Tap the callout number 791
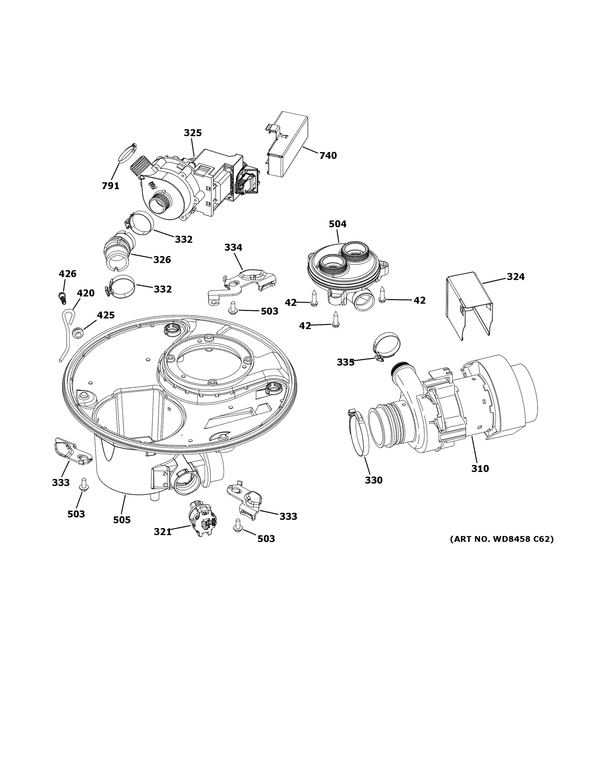[110, 186]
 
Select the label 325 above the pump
[192, 133]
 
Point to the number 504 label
[337, 224]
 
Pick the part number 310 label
[480, 468]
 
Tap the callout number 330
[373, 480]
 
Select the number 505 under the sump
[122, 520]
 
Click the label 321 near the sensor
[163, 532]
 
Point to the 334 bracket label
[233, 248]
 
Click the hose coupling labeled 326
[119, 249]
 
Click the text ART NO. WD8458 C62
[501, 539]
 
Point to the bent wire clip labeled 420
[67, 333]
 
